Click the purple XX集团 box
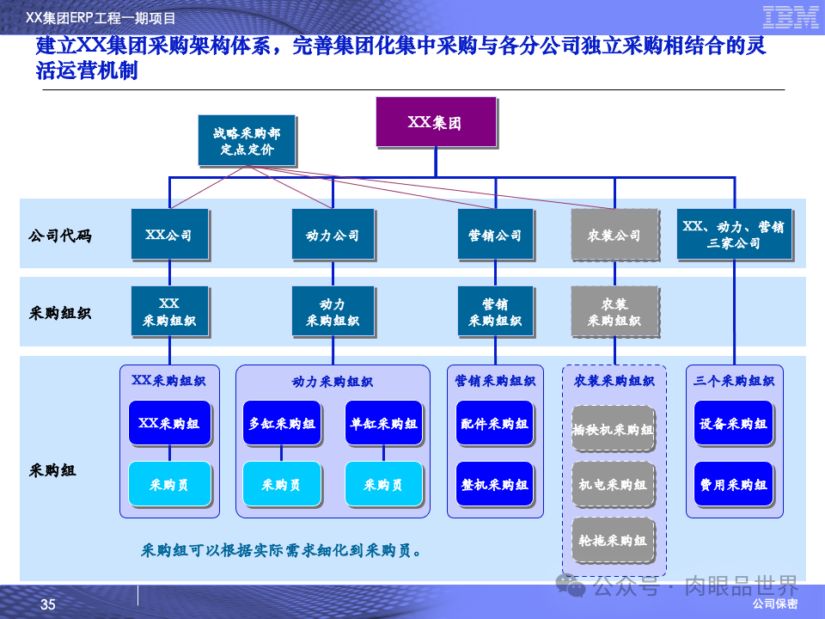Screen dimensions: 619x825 (x=436, y=121)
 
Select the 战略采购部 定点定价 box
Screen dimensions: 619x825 (x=247, y=140)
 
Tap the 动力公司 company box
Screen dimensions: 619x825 (x=333, y=235)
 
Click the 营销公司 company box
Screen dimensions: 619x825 (x=495, y=235)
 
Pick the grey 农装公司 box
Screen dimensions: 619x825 (x=614, y=235)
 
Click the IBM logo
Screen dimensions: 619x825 (x=791, y=16)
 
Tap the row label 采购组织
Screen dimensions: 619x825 (x=60, y=312)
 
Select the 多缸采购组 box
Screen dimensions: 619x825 (x=282, y=423)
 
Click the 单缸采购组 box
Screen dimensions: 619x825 (x=383, y=423)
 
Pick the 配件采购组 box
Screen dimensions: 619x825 (x=494, y=423)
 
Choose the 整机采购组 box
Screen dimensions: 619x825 (x=494, y=484)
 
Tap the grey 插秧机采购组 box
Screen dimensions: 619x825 (x=614, y=429)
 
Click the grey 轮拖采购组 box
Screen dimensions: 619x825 (x=614, y=540)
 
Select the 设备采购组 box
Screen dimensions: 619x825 (x=733, y=423)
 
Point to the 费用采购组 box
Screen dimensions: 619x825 (x=733, y=484)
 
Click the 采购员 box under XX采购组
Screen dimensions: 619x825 (x=168, y=484)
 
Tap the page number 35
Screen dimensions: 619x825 (x=48, y=605)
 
